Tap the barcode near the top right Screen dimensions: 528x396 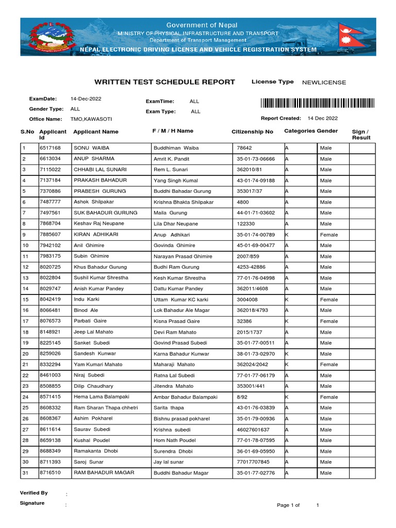pyautogui.click(x=318, y=103)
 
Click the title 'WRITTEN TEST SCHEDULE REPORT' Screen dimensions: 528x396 pyautogui.click(x=164, y=82)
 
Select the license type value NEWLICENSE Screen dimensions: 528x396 pyautogui.click(x=324, y=82)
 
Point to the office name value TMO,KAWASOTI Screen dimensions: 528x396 pyautogui.click(x=91, y=119)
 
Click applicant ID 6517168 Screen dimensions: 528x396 pyautogui.click(x=50, y=148)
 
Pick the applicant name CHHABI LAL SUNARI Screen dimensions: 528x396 pyautogui.click(x=100, y=170)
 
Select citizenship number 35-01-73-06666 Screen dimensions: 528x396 pyautogui.click(x=256, y=159)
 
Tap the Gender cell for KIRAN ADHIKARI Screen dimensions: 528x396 pyautogui.click(x=329, y=235)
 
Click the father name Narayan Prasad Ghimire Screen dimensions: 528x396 pyautogui.click(x=183, y=256)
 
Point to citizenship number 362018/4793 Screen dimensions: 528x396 pyautogui.click(x=253, y=310)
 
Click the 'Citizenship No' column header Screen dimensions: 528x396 pyautogui.click(x=252, y=132)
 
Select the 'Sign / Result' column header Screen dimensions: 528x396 pyautogui.click(x=361, y=135)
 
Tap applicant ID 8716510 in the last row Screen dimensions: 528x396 pyautogui.click(x=50, y=473)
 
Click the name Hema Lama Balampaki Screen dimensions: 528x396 pyautogui.click(x=102, y=397)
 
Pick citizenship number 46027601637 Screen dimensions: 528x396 pyautogui.click(x=253, y=430)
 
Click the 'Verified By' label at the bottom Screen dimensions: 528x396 pyautogui.click(x=34, y=493)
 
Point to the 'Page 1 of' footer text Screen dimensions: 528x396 pyautogui.click(x=288, y=505)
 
